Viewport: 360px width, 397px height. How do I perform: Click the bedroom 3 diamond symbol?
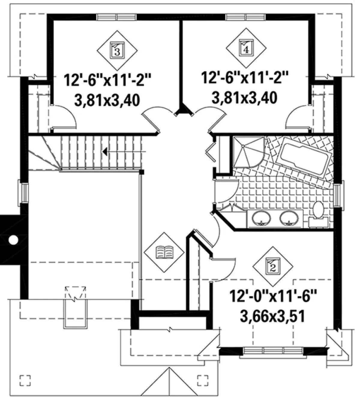(117, 50)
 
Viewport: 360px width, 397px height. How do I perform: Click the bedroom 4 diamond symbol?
(246, 48)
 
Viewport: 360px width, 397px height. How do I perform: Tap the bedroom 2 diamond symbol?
(273, 267)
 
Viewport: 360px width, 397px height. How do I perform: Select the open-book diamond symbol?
(164, 252)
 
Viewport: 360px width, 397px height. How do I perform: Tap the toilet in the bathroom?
(318, 214)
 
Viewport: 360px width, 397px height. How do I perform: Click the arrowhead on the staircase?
(105, 152)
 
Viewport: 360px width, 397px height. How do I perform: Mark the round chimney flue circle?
(13, 240)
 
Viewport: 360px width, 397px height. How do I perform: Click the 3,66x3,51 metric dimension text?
(272, 316)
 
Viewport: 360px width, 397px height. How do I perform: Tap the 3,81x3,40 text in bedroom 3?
(107, 100)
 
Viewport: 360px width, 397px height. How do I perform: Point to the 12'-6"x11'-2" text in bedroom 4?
(244, 78)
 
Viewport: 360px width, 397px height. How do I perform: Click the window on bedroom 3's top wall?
(116, 17)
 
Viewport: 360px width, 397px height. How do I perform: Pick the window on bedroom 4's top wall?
(246, 17)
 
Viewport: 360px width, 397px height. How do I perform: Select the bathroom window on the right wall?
(339, 194)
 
